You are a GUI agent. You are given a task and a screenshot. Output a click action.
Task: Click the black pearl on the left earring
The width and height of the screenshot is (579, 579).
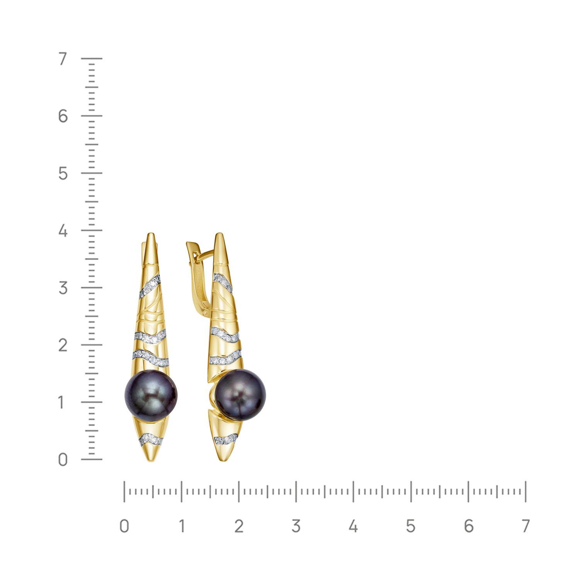coord(151,396)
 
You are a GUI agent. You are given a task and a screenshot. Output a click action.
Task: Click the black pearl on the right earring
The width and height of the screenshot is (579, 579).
coord(240,395)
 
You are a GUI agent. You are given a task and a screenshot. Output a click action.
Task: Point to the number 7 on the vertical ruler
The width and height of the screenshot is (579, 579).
coord(63,59)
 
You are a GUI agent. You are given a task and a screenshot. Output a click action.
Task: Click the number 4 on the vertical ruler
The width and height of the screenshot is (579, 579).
coord(63,231)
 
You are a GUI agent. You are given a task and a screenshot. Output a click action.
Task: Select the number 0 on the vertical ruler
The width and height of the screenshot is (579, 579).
coord(63,460)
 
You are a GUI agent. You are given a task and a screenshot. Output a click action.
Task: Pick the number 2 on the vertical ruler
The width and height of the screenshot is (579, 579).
coord(63,345)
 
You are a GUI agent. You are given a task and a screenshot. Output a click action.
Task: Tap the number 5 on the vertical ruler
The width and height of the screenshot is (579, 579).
coord(63,174)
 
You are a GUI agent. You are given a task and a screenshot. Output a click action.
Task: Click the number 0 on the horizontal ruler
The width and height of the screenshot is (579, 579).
coord(124,526)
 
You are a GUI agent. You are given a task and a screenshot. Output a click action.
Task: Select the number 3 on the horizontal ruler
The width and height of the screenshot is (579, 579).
coord(296,526)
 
